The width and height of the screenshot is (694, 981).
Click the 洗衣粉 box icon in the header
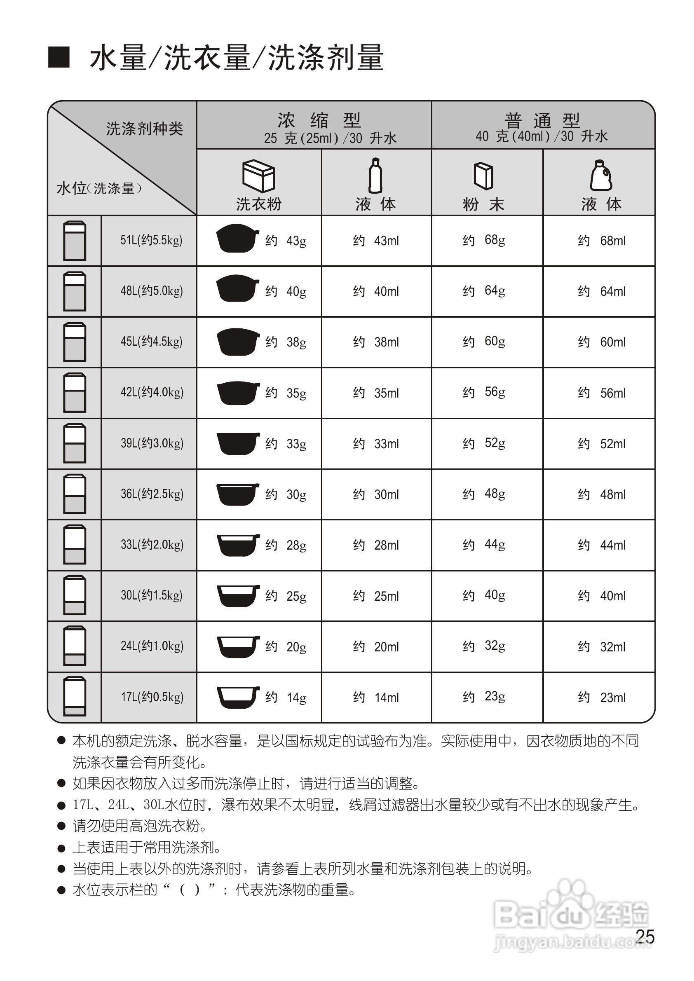[x=258, y=176]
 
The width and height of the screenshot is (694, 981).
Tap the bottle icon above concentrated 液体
[x=375, y=176]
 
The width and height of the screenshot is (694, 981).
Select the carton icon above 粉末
[x=483, y=176]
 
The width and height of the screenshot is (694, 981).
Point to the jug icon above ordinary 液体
[x=601, y=175]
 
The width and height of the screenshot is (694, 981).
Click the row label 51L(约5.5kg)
[x=151, y=240]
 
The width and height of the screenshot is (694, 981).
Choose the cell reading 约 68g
[x=484, y=240]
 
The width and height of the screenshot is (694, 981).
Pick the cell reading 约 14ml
[x=376, y=698]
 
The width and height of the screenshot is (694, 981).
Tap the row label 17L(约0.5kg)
[x=152, y=697]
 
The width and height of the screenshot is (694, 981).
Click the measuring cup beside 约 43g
[x=237, y=238]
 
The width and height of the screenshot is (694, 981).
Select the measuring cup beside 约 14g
[x=238, y=697]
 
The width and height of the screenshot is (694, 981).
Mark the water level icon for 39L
[x=74, y=443]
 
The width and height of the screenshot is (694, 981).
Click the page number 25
[x=645, y=937]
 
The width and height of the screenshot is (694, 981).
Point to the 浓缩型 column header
[x=319, y=120]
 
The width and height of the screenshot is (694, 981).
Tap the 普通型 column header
[x=542, y=120]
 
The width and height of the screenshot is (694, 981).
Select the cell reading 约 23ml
[x=601, y=698]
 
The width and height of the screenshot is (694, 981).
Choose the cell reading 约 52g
[x=484, y=443]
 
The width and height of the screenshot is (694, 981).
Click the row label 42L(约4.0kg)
[x=152, y=392]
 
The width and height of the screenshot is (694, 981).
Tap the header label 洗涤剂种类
[x=144, y=129]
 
